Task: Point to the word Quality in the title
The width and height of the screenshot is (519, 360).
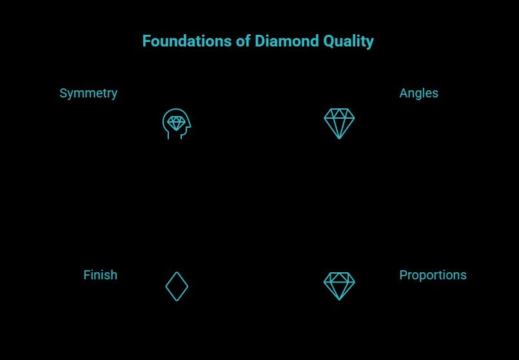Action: click(344, 42)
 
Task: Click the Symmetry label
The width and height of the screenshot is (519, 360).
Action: click(88, 94)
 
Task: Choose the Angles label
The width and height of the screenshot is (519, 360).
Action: click(418, 94)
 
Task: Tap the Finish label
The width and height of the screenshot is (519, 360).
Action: click(100, 275)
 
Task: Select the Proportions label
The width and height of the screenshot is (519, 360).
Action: click(433, 275)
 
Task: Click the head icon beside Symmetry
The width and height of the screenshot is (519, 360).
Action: click(176, 123)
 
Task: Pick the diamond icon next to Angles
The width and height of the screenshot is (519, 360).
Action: click(339, 123)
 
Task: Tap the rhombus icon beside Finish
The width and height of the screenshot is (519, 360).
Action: click(177, 286)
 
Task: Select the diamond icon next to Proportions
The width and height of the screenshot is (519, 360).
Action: click(339, 286)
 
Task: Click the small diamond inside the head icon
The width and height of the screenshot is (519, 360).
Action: click(175, 123)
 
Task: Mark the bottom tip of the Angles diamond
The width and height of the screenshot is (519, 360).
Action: click(339, 138)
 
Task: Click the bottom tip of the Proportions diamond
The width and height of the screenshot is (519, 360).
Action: click(339, 299)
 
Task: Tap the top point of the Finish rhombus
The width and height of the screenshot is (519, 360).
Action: click(177, 272)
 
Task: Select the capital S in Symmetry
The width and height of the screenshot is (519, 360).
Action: click(63, 94)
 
